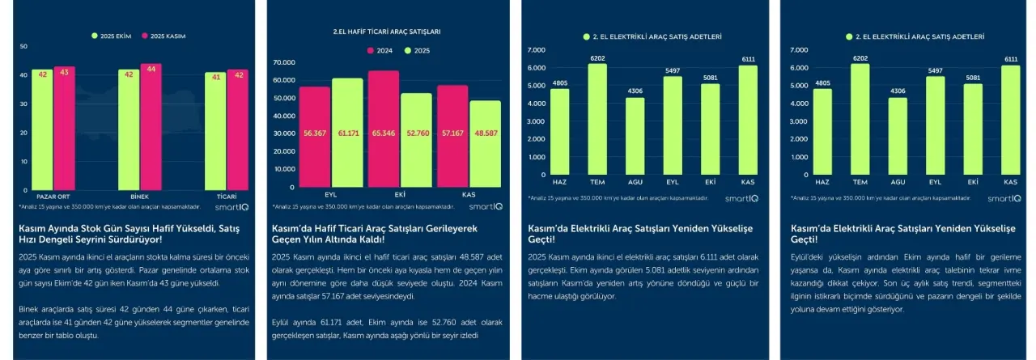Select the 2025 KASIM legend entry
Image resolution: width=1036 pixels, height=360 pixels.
(x=166, y=36)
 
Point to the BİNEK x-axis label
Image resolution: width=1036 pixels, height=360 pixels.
(x=139, y=197)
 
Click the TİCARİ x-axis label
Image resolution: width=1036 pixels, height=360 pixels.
(x=227, y=197)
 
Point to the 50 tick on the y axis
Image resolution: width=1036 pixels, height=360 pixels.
(x=23, y=46)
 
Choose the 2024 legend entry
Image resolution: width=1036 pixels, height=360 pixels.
(x=379, y=51)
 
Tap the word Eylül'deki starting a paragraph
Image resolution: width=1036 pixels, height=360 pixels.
(x=806, y=256)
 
